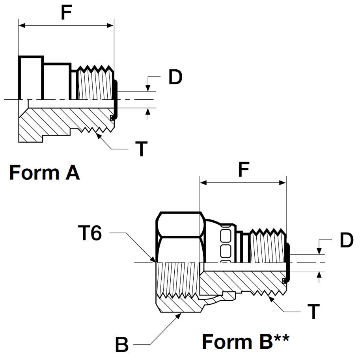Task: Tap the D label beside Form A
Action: pos(175,78)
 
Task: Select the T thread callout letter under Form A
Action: pos(141,149)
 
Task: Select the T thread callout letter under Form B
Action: pos(313,312)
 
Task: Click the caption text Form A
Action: pos(44,173)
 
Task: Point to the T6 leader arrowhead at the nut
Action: pos(154,260)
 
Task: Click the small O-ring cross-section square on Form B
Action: pos(284,281)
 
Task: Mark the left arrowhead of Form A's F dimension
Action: pos(22,26)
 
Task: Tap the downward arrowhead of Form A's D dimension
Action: pos(148,88)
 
